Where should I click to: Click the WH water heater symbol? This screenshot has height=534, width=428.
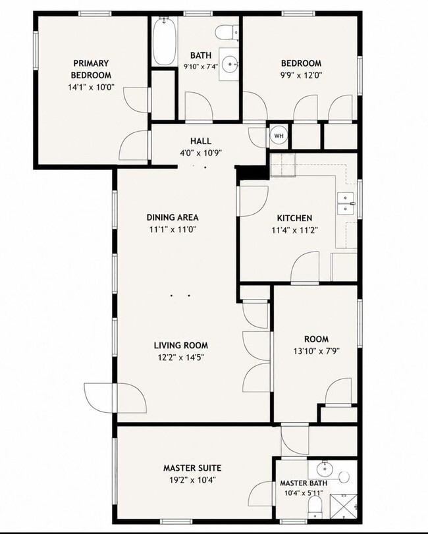(x=279, y=136)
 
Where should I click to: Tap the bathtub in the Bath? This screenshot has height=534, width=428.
(x=164, y=41)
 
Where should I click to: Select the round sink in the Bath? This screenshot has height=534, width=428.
(x=230, y=64)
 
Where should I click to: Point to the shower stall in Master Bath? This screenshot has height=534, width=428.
(x=344, y=506)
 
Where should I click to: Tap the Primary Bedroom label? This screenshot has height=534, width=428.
(x=91, y=69)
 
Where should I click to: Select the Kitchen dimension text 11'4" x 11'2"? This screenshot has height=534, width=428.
(x=295, y=230)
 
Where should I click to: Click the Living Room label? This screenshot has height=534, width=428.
(x=181, y=345)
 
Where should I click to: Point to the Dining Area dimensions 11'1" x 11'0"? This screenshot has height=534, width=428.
(x=173, y=229)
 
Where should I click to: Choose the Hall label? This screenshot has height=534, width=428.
(x=201, y=141)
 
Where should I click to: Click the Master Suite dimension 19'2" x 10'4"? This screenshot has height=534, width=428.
(x=192, y=480)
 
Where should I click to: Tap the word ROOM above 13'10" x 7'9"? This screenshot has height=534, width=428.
(x=316, y=339)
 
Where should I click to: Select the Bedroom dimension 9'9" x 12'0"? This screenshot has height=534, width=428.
(x=301, y=75)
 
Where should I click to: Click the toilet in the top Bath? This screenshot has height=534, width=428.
(x=227, y=33)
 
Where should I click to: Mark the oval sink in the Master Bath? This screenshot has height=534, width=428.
(x=325, y=469)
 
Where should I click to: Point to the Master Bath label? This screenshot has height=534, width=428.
(x=304, y=483)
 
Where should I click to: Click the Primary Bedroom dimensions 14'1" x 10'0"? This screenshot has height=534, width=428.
(x=91, y=87)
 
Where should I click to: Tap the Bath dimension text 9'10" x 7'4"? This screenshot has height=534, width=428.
(x=201, y=67)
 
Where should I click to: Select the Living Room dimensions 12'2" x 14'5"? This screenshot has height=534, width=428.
(x=181, y=358)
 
